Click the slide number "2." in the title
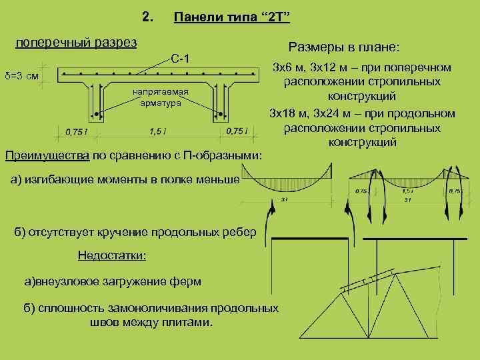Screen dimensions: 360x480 pos(148,15)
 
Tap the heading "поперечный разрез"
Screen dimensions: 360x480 pos(76,43)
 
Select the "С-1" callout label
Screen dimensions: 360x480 pos(180,59)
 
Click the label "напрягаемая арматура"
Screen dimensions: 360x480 pos(160,97)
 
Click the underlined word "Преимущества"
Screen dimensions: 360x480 pos(46,156)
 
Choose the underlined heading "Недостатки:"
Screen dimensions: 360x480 pos(112,255)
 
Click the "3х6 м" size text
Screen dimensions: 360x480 pos(290,67)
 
